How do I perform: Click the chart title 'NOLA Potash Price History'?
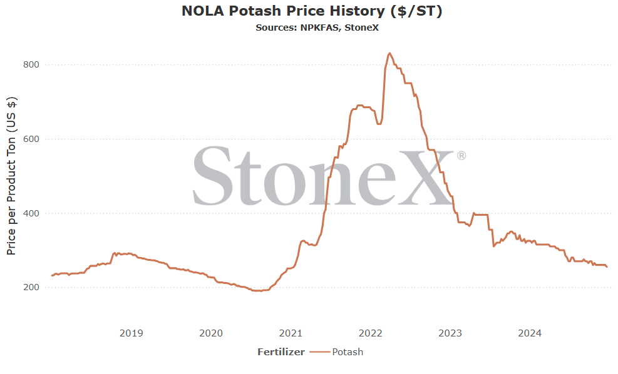click(x=283, y=11)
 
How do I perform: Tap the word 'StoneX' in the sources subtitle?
click(x=361, y=28)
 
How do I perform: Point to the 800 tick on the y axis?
click(x=31, y=64)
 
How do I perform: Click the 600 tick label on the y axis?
click(x=31, y=139)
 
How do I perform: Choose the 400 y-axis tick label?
click(x=31, y=213)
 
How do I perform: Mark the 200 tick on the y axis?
click(x=31, y=288)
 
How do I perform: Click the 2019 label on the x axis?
click(x=131, y=333)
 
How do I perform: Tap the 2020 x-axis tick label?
click(x=211, y=333)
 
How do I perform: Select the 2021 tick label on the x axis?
click(x=291, y=333)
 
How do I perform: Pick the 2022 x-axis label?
click(x=370, y=333)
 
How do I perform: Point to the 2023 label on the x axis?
click(x=450, y=333)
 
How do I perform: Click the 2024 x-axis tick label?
click(x=530, y=333)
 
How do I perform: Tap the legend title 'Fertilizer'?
click(x=281, y=352)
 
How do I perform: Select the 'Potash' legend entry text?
click(x=348, y=352)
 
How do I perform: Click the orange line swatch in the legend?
click(x=319, y=352)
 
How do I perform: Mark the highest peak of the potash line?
click(x=389, y=53)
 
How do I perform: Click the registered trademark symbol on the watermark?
click(x=461, y=156)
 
